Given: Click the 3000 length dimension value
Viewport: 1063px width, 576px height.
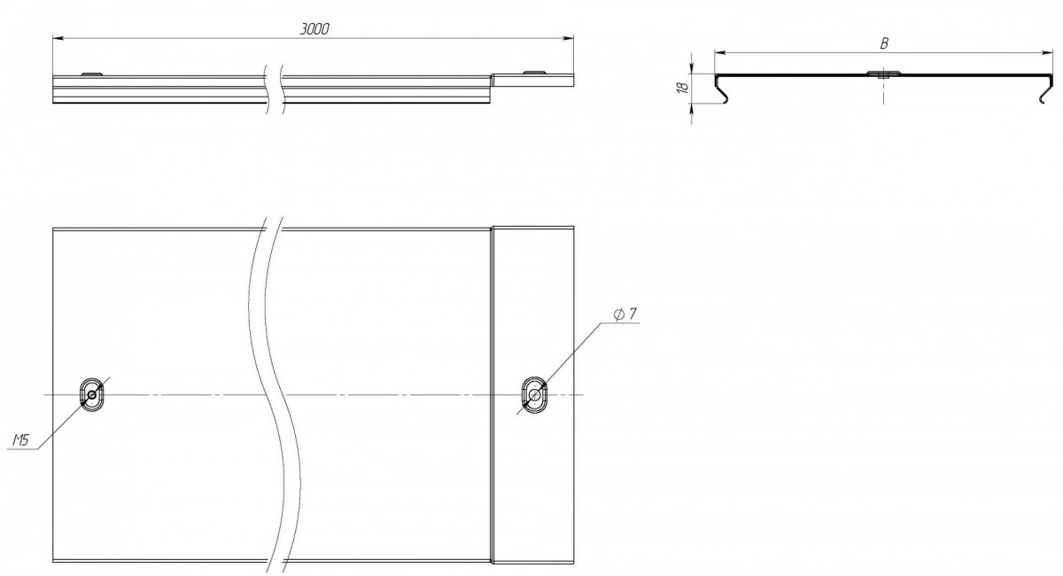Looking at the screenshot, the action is click(x=314, y=29).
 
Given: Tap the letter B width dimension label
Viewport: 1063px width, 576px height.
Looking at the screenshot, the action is click(x=884, y=43).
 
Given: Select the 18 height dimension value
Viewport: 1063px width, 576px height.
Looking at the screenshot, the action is click(x=684, y=88).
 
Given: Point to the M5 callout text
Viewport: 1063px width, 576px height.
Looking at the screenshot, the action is click(x=20, y=440).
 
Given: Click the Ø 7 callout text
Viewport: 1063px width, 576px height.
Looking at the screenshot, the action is click(x=625, y=314).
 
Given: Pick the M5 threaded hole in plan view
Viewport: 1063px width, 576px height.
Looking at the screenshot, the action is click(x=91, y=394).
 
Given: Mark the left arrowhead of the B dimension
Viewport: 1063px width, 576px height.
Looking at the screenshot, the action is click(x=720, y=52).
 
